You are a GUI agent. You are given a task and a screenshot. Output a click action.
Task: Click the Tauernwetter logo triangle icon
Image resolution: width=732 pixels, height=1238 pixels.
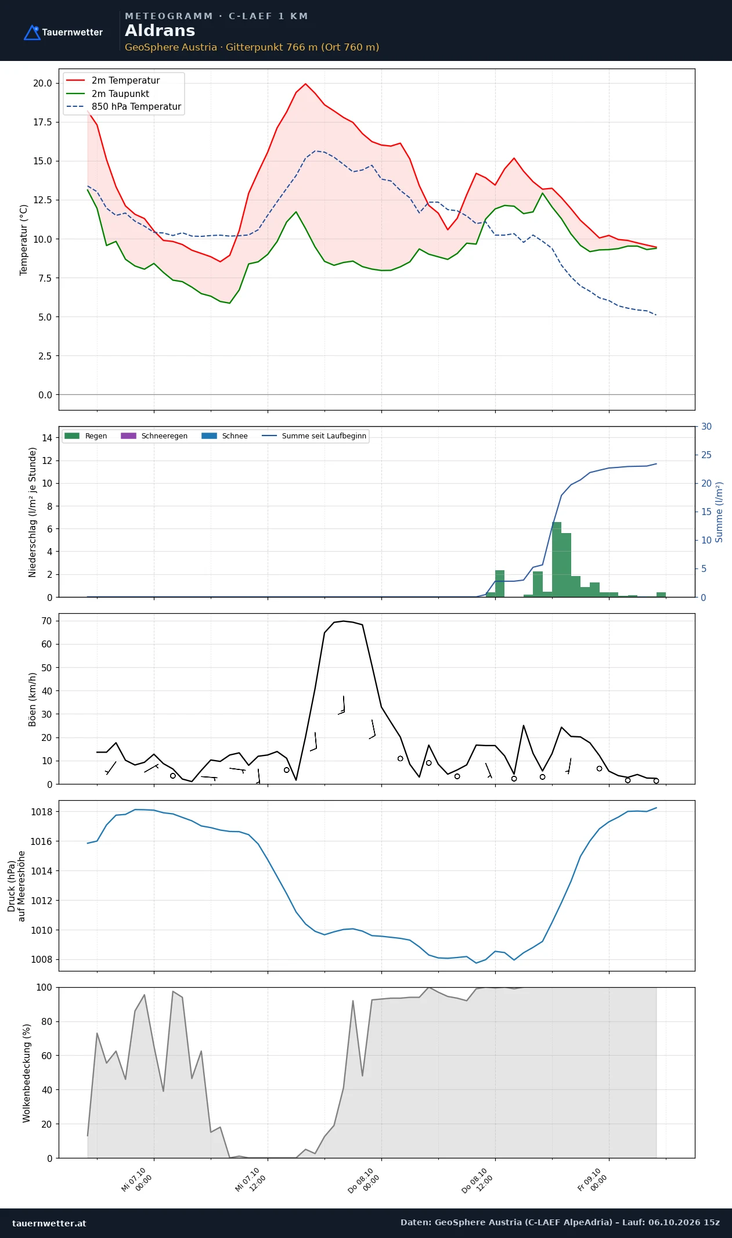32,33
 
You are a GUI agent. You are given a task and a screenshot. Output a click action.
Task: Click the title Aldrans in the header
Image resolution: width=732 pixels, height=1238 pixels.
160,31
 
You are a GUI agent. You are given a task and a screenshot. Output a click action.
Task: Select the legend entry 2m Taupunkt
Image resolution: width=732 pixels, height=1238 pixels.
120,93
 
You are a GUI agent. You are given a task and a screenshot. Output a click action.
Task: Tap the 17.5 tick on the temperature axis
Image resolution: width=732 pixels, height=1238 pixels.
42,122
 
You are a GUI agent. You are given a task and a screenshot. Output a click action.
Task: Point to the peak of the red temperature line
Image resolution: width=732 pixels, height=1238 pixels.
306,84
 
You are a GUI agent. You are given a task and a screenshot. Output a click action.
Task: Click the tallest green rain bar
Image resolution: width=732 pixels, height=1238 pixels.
557,559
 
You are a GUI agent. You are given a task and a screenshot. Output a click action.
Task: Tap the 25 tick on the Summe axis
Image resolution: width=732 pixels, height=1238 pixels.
706,455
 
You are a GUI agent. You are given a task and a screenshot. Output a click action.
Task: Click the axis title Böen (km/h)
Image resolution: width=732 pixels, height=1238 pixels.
33,699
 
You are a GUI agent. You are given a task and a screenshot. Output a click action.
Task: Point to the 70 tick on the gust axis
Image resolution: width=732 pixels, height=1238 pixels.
46,621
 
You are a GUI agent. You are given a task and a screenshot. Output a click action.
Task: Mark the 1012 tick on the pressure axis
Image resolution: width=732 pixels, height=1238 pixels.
41,901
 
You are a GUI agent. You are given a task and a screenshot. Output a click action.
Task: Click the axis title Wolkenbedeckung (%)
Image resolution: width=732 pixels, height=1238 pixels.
27,1073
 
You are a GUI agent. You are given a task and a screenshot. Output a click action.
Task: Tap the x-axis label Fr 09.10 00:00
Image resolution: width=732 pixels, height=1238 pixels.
592,1180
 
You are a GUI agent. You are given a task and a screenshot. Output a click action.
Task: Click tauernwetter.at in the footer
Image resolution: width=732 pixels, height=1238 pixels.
49,1223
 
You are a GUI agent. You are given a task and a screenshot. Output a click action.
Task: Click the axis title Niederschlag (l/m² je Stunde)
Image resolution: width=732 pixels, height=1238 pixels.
33,512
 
